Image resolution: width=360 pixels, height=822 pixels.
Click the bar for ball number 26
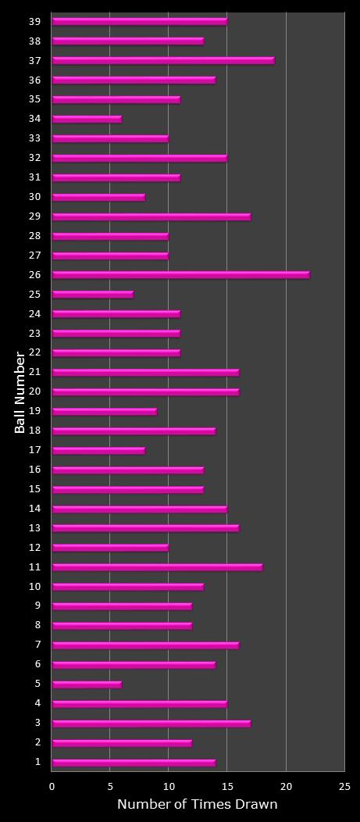[x=180, y=275]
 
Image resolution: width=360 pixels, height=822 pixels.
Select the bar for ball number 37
[x=162, y=60]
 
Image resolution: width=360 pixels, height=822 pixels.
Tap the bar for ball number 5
[x=87, y=684]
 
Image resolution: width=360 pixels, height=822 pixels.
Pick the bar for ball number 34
[x=87, y=119]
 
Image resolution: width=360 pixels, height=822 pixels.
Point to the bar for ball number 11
[x=157, y=567]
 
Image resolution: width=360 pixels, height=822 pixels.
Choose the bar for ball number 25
[x=92, y=295]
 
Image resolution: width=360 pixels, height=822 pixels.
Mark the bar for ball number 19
[x=104, y=411]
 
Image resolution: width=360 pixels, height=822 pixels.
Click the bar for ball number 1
[x=134, y=763]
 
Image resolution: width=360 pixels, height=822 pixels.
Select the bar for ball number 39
[x=139, y=21]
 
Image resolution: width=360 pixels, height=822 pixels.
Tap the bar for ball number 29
[x=151, y=216]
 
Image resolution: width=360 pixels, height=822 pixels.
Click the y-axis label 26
[x=35, y=275]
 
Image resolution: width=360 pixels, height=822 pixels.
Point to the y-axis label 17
[x=35, y=450]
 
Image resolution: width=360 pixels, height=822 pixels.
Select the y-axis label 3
[x=37, y=724]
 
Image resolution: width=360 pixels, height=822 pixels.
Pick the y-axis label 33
[x=35, y=138]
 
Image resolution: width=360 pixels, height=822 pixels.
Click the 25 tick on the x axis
[x=344, y=786]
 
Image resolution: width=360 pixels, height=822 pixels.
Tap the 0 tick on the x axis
[x=52, y=786]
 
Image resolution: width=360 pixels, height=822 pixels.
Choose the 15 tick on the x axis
[x=227, y=786]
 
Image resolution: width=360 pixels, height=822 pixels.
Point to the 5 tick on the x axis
[x=110, y=786]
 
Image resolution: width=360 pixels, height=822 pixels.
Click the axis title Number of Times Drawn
[x=197, y=804]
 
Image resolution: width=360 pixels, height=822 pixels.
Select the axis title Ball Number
[x=20, y=392]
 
